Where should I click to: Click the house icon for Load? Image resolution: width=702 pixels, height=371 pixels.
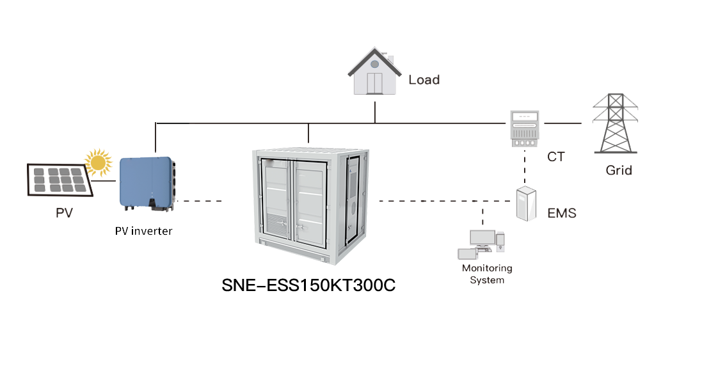374,73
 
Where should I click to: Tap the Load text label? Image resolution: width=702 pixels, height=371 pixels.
424,80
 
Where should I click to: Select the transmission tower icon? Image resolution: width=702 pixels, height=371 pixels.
614,124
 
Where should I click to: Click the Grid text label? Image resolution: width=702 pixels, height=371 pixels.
619,171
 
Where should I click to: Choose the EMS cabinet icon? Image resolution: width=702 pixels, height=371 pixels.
525,203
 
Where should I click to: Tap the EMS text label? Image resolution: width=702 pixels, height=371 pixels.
562,213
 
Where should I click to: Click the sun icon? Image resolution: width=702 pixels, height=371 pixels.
99,162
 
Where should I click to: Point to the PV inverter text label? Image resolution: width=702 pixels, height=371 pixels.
144,231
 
